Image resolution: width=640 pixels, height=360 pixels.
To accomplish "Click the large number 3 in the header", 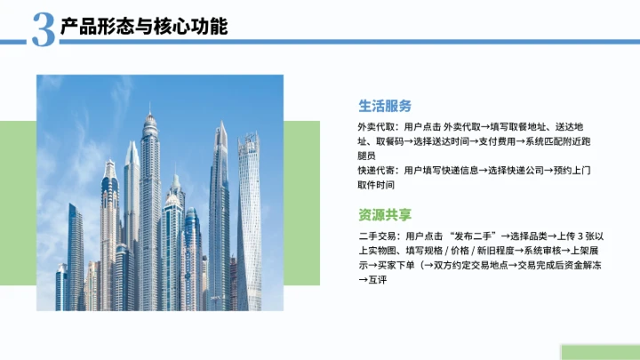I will pyautogui.click(x=43, y=29).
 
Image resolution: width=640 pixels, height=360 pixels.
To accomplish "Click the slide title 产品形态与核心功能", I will pyautogui.click(x=143, y=27).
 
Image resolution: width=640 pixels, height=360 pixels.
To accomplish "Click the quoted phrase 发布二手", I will pyautogui.click(x=473, y=236).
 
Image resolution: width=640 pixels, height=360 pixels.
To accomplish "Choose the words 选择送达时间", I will pyautogui.click(x=440, y=140).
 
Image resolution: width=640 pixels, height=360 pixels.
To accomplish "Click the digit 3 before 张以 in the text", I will pyautogui.click(x=580, y=236).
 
